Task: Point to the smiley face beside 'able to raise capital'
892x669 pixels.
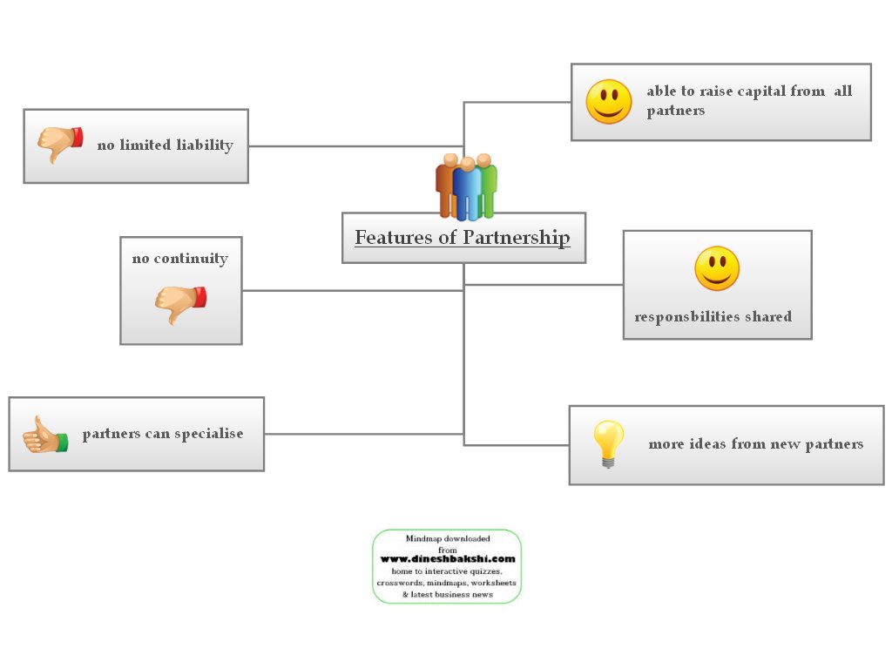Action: [609, 102]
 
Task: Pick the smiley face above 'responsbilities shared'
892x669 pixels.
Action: [717, 269]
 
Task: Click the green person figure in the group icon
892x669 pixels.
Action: [488, 185]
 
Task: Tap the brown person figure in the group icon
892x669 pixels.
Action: [447, 185]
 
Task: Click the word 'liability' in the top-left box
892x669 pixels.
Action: [205, 145]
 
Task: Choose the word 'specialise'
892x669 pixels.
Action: [209, 434]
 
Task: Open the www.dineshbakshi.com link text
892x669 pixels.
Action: [447, 559]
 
